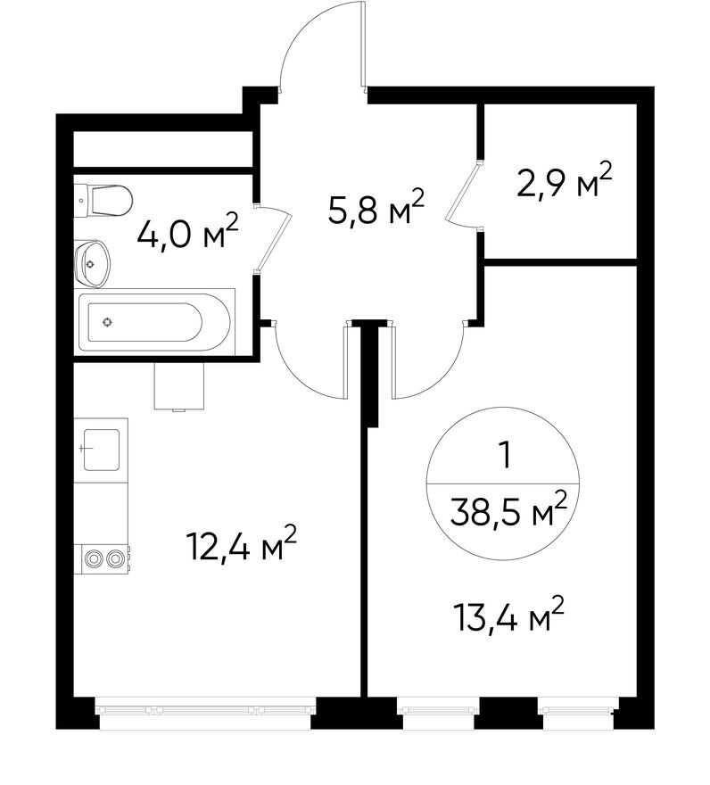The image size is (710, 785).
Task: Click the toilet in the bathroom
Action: (103, 200)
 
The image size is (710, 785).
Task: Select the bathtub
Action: (155, 321)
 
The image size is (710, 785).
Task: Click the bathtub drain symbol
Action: (106, 322)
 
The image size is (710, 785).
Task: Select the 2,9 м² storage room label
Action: (564, 185)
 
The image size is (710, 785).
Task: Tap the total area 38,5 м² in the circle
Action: (509, 512)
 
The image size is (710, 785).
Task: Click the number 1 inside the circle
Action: (505, 456)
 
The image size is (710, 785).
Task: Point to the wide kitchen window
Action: (205, 710)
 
